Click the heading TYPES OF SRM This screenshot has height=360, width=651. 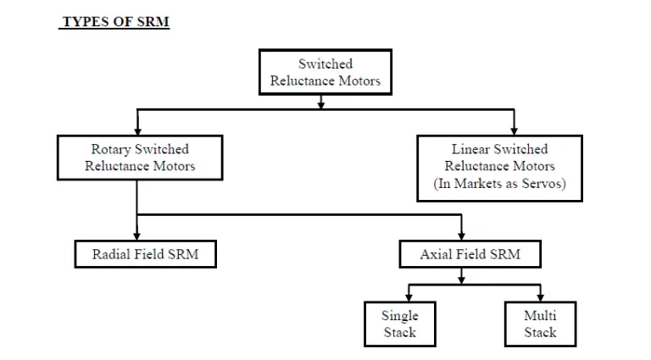[x=114, y=22]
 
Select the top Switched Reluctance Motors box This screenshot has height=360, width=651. [x=325, y=72]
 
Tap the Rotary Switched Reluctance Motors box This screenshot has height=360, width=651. [x=140, y=158]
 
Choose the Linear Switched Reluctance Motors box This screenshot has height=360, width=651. [x=499, y=167]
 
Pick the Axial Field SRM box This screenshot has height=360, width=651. [x=470, y=254]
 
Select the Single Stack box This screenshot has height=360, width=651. [x=399, y=324]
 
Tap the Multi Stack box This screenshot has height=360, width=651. [x=539, y=324]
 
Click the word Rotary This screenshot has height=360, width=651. [x=110, y=149]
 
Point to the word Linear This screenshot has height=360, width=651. [x=471, y=149]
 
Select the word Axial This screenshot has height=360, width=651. [x=437, y=254]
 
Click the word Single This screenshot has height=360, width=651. [x=399, y=315]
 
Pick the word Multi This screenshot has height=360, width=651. [x=539, y=315]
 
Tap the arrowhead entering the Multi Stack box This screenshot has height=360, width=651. [x=539, y=297]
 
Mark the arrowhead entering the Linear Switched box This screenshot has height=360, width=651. [x=514, y=130]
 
